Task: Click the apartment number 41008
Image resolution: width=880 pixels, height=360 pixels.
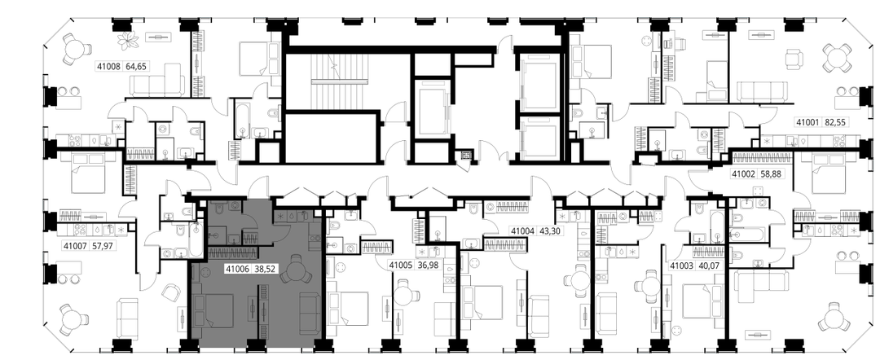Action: pos(109,66)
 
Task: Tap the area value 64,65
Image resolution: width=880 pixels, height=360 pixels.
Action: pos(136,66)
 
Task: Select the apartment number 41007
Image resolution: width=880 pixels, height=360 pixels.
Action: pos(75,246)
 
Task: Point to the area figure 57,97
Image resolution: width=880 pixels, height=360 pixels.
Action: pos(102,246)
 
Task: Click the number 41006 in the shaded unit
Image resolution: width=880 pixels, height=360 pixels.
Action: pos(237,269)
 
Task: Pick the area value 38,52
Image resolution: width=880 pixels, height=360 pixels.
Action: pos(265,269)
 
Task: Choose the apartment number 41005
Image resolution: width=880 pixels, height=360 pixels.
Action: pos(401,265)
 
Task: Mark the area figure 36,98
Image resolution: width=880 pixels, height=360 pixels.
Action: pos(429,265)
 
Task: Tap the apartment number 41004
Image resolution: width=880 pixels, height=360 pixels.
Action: pos(521,230)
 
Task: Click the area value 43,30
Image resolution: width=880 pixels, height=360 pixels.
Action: pos(549,230)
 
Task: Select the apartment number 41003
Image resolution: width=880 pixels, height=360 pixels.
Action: pos(683,266)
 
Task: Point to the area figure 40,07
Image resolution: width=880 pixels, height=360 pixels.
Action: pos(710,266)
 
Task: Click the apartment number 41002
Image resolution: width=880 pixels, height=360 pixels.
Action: pos(744,173)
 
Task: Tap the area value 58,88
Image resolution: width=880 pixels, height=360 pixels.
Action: pos(771,173)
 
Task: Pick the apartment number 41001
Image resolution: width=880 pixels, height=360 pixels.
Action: pos(808,121)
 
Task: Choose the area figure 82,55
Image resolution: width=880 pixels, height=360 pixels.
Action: pos(836,121)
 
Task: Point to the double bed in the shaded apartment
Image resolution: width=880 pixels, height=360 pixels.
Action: pos(213,310)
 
